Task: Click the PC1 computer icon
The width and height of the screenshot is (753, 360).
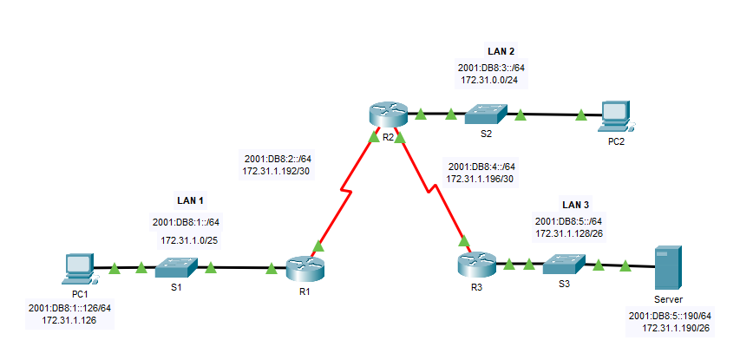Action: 79,269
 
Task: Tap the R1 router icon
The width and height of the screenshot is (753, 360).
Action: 304,270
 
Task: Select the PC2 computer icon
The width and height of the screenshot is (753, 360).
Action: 614,114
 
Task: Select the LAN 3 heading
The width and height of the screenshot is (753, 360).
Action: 575,205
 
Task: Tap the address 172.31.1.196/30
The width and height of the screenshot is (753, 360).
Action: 481,178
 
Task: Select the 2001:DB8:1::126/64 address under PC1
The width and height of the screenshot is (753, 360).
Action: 70,307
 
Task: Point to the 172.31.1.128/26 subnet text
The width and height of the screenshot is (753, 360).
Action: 574,233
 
